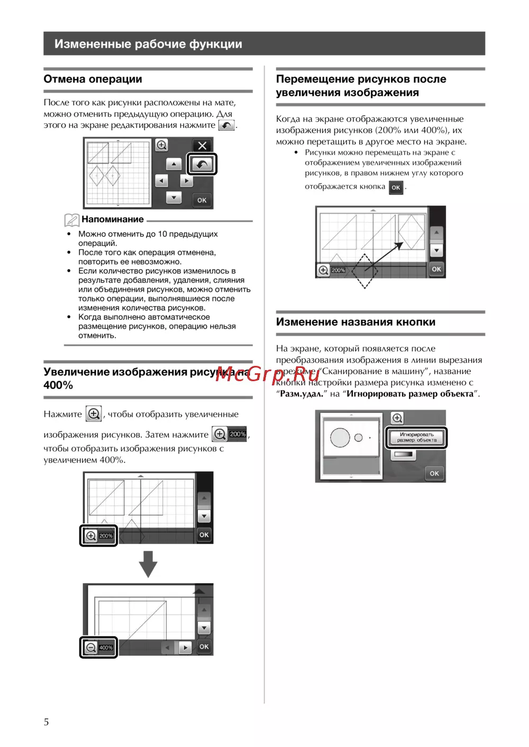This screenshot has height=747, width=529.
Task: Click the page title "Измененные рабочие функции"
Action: (x=148, y=44)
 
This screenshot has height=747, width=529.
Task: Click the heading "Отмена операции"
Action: (x=93, y=79)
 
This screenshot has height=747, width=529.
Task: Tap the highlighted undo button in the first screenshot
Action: (x=202, y=164)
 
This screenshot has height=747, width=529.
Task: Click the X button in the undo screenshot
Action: (x=202, y=146)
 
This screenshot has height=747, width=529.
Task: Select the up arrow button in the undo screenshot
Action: (x=174, y=164)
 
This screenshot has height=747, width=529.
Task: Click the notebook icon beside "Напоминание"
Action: (x=71, y=220)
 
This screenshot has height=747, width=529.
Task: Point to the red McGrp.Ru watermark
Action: (x=267, y=374)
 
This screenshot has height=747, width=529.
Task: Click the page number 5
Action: (x=46, y=722)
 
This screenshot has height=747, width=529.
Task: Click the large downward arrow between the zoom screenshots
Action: (x=148, y=564)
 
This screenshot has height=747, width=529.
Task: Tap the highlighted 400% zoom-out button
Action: (x=99, y=647)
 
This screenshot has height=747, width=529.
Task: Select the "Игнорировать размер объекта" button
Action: (x=417, y=438)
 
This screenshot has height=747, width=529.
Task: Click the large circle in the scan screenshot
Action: (x=340, y=438)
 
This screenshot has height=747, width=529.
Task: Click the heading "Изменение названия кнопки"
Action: (x=355, y=322)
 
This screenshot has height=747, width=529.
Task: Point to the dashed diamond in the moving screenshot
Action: (x=364, y=271)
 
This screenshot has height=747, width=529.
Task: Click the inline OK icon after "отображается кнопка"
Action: (x=396, y=187)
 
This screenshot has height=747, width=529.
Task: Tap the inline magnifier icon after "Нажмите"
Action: (x=94, y=414)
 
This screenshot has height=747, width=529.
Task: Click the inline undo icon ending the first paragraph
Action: (x=226, y=125)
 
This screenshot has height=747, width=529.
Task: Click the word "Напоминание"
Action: (x=113, y=219)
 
